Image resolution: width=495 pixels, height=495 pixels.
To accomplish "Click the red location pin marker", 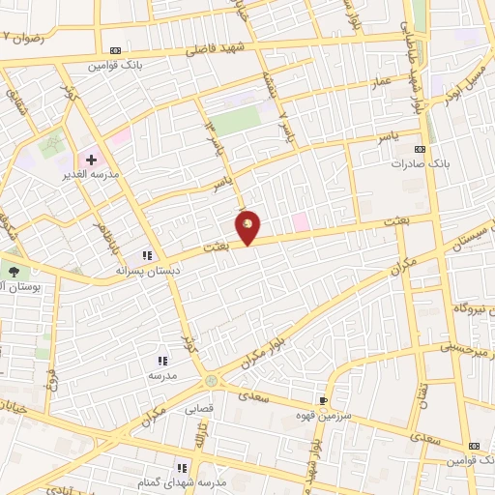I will [248, 226].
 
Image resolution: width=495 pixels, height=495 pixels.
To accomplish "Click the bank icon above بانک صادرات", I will [420, 150].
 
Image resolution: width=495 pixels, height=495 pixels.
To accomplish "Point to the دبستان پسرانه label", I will [148, 271].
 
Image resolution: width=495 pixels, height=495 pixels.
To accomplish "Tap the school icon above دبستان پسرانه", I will [148, 256].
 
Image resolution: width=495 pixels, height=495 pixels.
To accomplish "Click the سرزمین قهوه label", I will [324, 414].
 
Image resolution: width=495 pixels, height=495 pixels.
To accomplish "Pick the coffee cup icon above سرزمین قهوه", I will [323, 399].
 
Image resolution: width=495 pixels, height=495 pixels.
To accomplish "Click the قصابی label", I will [198, 408].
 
